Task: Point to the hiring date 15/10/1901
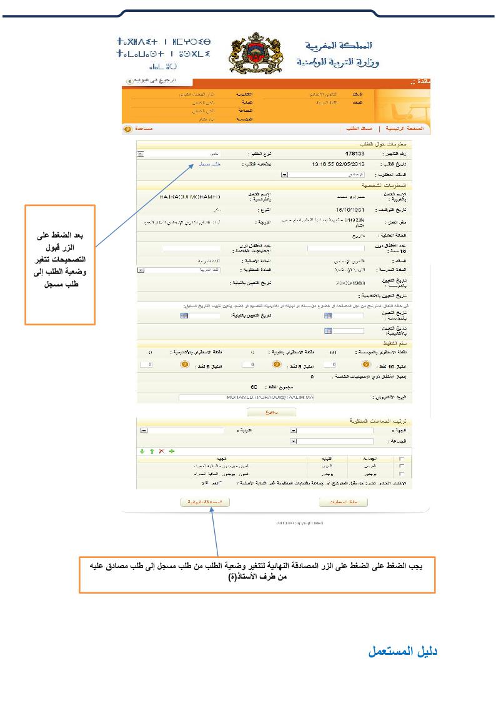pyautogui.click(x=350, y=210)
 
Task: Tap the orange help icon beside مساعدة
pyautogui.click(x=127, y=129)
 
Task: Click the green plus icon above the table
pyautogui.click(x=172, y=451)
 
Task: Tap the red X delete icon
pyautogui.click(x=161, y=451)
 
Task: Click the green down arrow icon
pyautogui.click(x=141, y=451)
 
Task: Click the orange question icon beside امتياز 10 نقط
pyautogui.click(x=365, y=363)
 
